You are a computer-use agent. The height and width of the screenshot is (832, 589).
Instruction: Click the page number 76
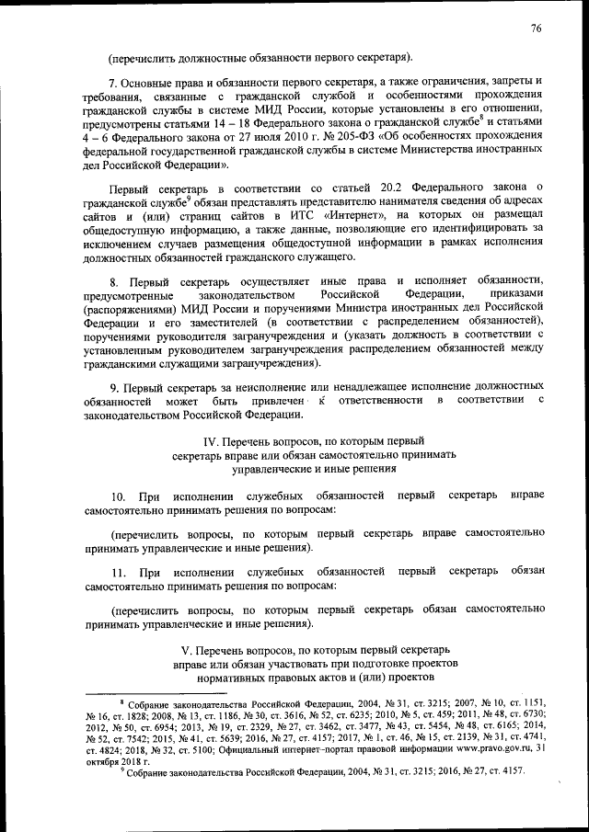537,28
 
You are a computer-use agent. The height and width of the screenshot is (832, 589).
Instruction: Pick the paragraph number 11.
118,571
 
